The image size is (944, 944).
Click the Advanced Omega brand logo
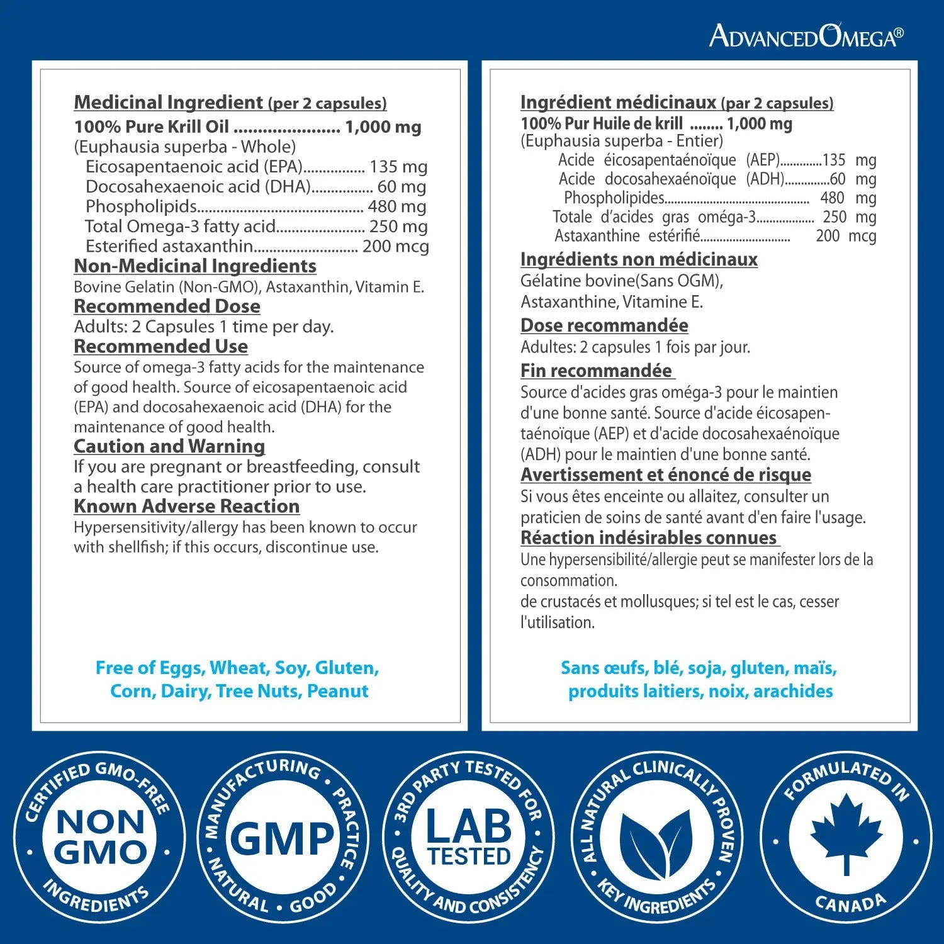pyautogui.click(x=806, y=37)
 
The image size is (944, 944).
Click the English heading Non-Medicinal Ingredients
pyautogui.click(x=195, y=266)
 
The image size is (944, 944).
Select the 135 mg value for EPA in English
pyautogui.click(x=398, y=167)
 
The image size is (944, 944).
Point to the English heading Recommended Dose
pyautogui.click(x=167, y=306)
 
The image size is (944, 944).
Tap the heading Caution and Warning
pyautogui.click(x=169, y=446)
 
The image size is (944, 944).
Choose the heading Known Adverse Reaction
pyautogui.click(x=186, y=507)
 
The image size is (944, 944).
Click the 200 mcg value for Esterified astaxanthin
pyautogui.click(x=395, y=246)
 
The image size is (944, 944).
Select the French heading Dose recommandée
pyautogui.click(x=604, y=325)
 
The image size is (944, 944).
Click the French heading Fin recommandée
pyautogui.click(x=596, y=371)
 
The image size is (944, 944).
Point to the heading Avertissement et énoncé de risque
pyautogui.click(x=666, y=475)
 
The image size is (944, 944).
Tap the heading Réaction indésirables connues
pyautogui.click(x=649, y=538)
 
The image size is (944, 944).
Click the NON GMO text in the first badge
pyautogui.click(x=100, y=838)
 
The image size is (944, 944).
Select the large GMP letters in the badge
pyautogui.click(x=283, y=839)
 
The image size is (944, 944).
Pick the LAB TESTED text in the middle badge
pyautogui.click(x=469, y=838)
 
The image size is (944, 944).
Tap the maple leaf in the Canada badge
pyautogui.click(x=846, y=831)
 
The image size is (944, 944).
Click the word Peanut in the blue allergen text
pyautogui.click(x=337, y=691)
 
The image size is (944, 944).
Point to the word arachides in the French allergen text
pyautogui.click(x=793, y=691)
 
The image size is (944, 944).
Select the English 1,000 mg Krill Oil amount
pyautogui.click(x=383, y=127)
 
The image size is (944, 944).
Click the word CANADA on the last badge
pyautogui.click(x=850, y=904)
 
